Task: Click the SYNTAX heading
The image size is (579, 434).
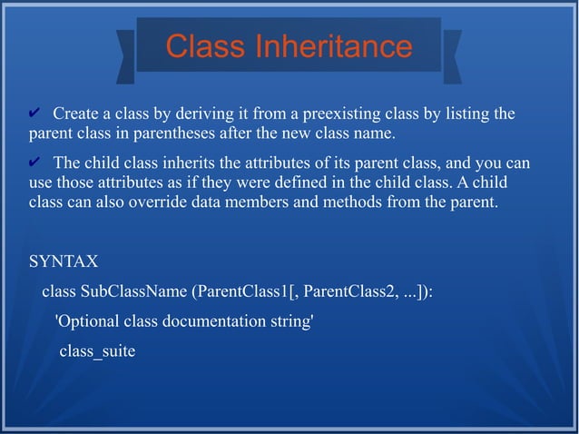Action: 64,261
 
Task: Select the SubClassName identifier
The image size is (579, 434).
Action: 133,292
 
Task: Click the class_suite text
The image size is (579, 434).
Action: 97,351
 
